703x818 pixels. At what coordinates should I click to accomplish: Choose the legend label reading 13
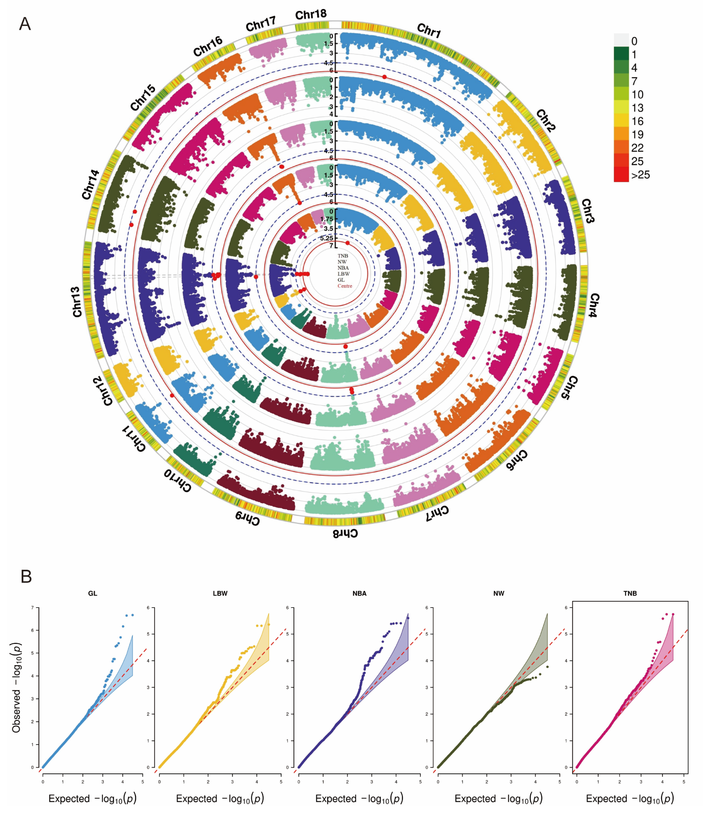(637, 108)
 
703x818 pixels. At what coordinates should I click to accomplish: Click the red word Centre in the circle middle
(345, 286)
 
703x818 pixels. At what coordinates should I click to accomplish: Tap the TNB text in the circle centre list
(343, 256)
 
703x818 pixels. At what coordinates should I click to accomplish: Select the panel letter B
(26, 576)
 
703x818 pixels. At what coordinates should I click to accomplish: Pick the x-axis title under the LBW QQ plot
(220, 799)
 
